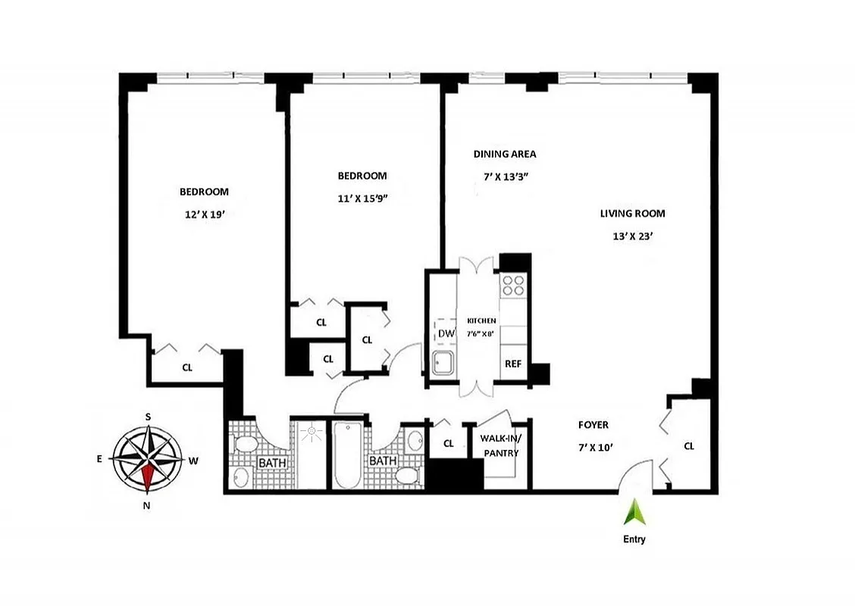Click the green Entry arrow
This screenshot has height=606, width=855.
[x=634, y=514]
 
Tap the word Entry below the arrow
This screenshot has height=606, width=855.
[x=634, y=540]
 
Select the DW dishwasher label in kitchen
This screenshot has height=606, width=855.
[x=445, y=333]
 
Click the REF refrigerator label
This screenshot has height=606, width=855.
[x=513, y=364]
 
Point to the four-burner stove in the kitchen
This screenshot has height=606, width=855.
[x=514, y=285]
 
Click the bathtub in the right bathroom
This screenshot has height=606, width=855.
[x=348, y=454]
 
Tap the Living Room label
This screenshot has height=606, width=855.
[x=632, y=214]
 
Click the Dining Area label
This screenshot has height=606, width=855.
[x=505, y=154]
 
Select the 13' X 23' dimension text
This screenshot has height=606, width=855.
[x=633, y=236]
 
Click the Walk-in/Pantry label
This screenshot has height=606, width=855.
[x=500, y=445]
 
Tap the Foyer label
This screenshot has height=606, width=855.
[x=593, y=425]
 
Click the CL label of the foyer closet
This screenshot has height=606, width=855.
[x=688, y=446]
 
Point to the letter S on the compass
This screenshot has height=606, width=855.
[x=149, y=417]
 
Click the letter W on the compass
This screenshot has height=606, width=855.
[x=193, y=460]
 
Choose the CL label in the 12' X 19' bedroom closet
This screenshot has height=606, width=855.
[x=186, y=367]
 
